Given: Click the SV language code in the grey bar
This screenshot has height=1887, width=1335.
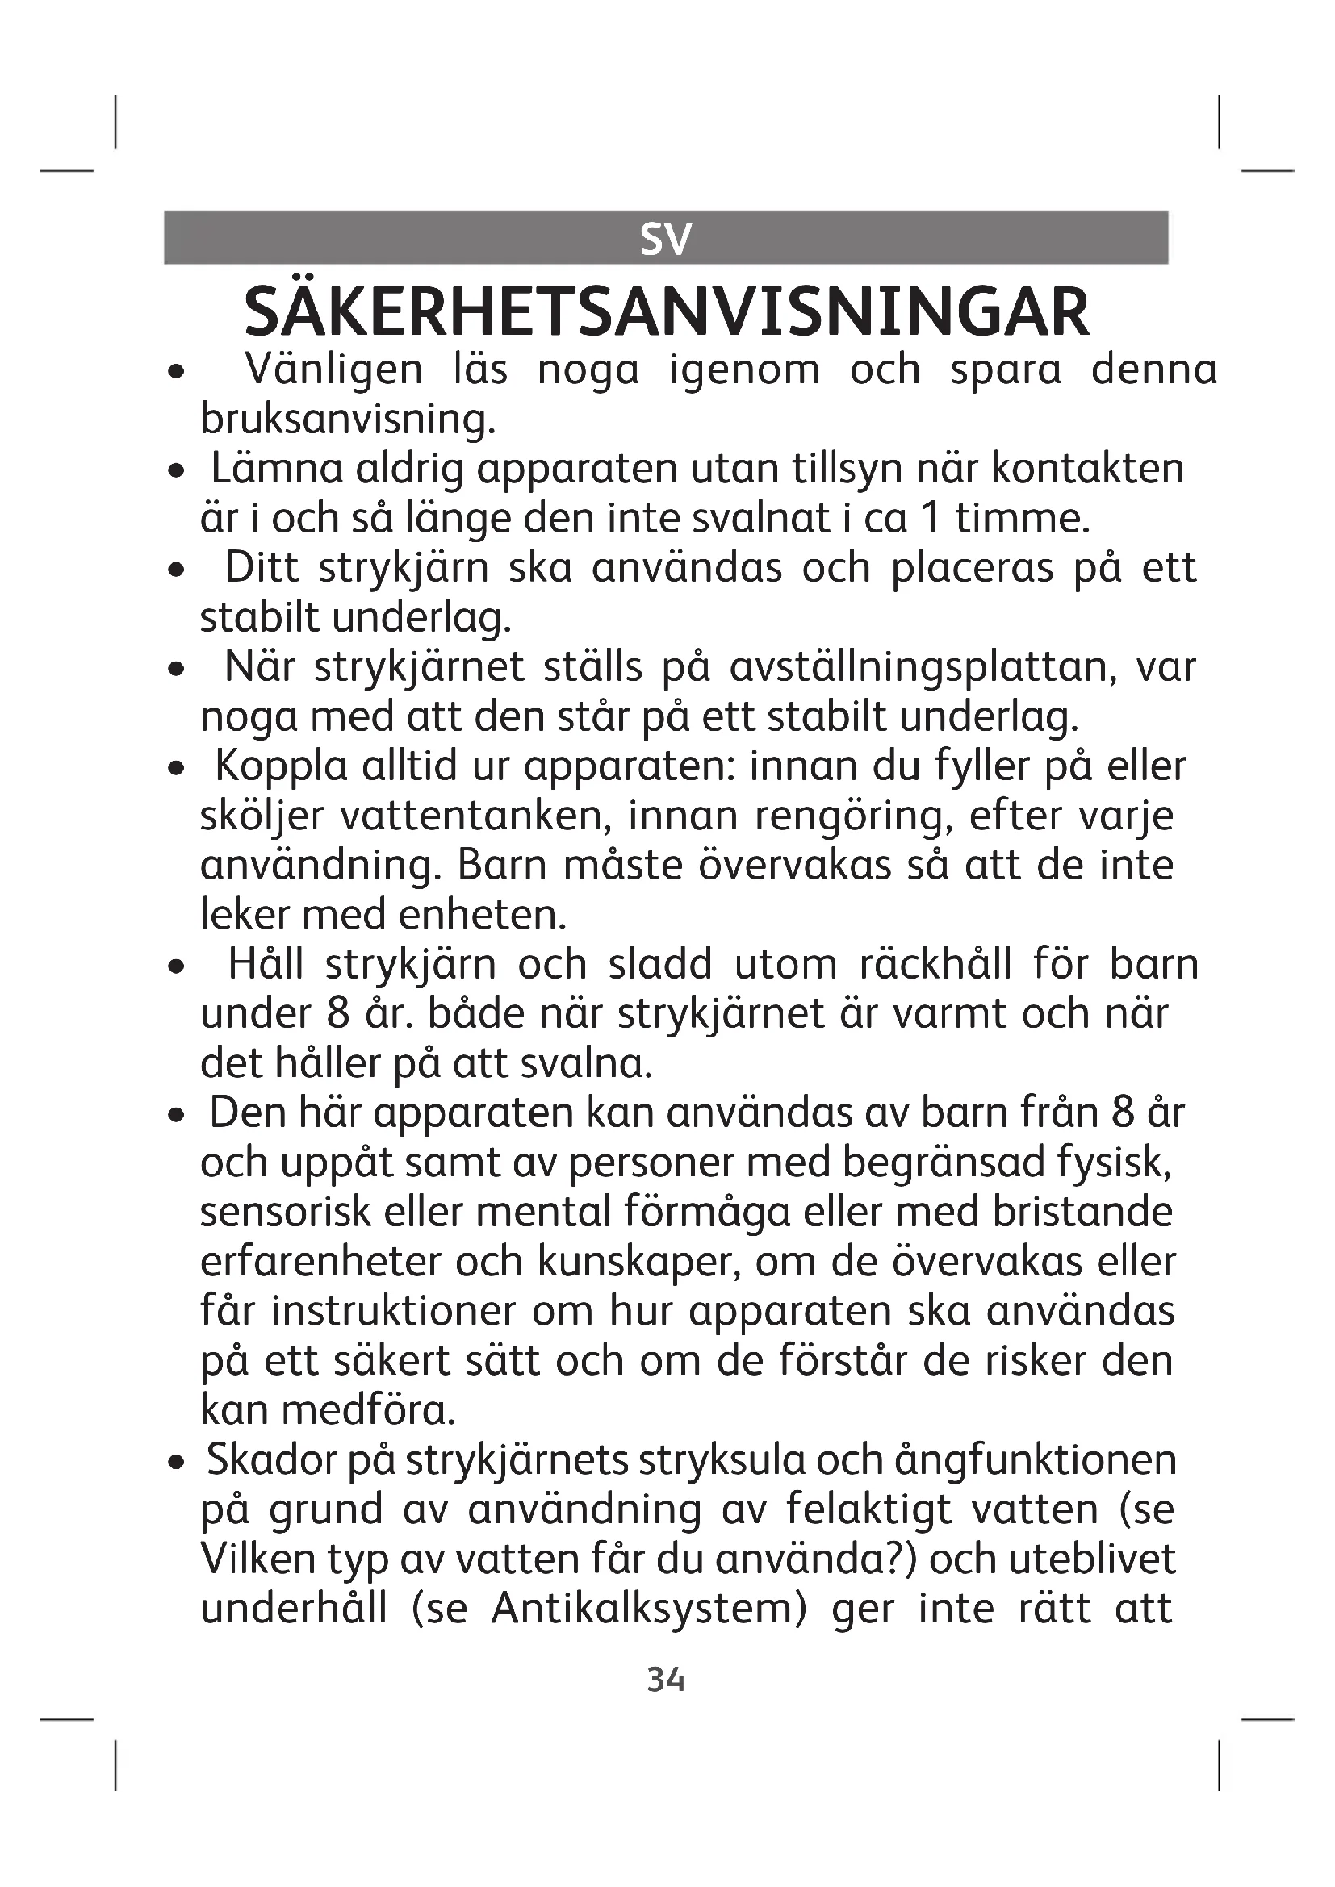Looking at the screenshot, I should (666, 238).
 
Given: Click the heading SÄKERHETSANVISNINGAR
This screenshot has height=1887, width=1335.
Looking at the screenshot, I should (667, 312).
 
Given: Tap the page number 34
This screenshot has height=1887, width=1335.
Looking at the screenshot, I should (666, 1680).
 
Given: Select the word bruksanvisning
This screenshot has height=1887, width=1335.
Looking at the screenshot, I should (348, 420).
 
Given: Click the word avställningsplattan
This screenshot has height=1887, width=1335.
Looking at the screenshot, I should (923, 666).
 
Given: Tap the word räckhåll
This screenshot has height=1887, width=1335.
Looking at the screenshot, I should (935, 964).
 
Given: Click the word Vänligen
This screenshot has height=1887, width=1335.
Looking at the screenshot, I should (334, 370).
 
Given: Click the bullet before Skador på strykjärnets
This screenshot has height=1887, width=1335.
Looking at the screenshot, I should (175, 1463).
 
